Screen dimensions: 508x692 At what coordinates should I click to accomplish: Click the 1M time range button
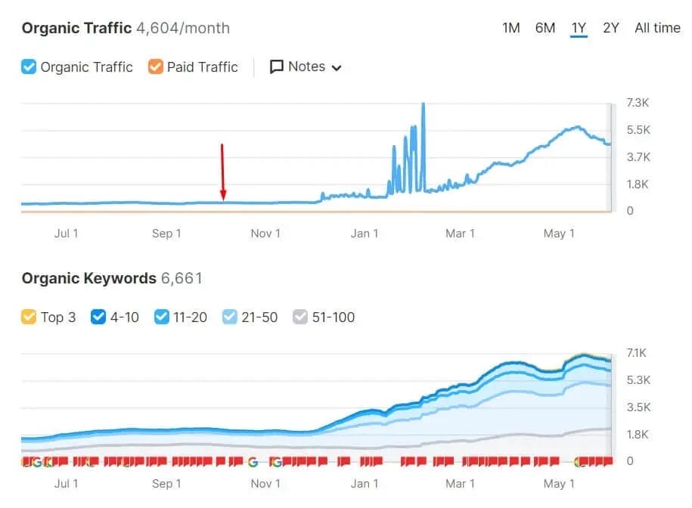point(510,28)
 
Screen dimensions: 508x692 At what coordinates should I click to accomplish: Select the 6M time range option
point(545,28)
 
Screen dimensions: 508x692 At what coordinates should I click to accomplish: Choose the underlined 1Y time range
point(579,28)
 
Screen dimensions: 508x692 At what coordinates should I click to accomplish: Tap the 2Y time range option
point(611,28)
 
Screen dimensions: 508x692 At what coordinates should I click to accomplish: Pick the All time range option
point(657,28)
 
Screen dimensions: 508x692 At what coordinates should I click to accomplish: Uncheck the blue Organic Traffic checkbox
point(29,67)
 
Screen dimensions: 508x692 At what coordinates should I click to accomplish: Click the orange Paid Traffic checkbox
point(156,67)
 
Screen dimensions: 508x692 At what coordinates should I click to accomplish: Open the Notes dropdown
point(306,67)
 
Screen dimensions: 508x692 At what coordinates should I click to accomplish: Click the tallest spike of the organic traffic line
point(424,104)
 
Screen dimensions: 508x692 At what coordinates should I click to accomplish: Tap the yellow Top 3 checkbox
point(29,317)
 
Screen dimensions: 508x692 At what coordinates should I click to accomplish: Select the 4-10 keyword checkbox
point(98,317)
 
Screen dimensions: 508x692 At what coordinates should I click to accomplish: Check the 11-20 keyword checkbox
point(161,317)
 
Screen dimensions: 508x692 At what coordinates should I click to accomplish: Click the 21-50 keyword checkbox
point(231,317)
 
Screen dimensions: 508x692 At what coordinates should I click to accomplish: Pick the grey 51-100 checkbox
point(300,317)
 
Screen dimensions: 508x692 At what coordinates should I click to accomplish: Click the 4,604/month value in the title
point(182,29)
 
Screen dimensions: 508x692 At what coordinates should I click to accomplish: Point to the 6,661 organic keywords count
point(182,278)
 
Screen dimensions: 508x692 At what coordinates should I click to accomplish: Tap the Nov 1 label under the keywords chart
point(265,484)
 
